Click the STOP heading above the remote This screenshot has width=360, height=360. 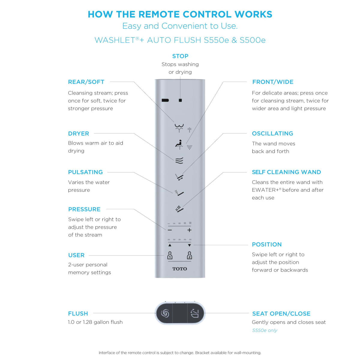(180, 56)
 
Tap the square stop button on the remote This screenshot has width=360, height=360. (180, 100)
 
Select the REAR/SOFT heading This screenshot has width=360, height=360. (86, 82)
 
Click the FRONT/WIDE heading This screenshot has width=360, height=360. (273, 82)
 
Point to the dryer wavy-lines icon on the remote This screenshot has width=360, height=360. (179, 160)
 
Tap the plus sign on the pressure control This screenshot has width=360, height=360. (189, 230)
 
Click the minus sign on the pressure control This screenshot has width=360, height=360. (170, 230)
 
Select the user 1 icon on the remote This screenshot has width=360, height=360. (170, 255)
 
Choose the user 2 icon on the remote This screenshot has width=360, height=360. (189, 255)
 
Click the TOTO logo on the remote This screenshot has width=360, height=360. (179, 269)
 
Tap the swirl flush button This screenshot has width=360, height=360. (165, 313)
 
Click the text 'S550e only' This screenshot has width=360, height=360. (265, 330)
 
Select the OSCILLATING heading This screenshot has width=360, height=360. (272, 133)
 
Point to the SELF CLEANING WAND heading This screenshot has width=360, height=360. (286, 172)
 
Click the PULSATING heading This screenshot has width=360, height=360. (85, 172)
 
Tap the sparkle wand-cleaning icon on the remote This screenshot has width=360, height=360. (179, 208)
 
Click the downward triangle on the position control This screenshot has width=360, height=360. (189, 245)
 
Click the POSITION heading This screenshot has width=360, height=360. (267, 244)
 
